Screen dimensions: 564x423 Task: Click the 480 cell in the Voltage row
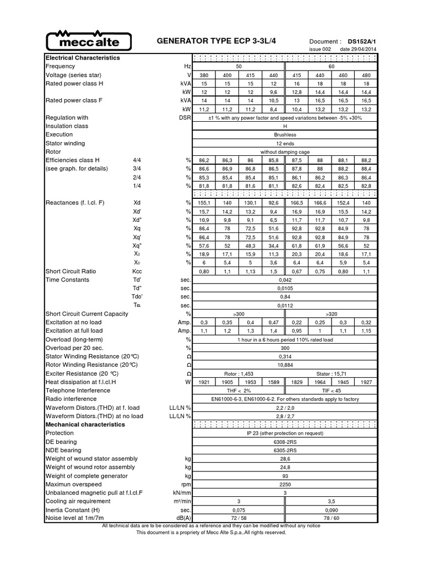coord(365,75)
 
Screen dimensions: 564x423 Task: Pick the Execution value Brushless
coord(285,134)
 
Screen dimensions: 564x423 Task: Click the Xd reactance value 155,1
coord(204,203)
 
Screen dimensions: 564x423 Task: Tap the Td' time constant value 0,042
coord(285,279)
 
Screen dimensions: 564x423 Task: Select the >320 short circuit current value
coord(331,314)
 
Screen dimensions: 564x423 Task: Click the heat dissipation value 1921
coord(204,382)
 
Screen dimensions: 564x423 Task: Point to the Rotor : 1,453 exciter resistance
coord(238,373)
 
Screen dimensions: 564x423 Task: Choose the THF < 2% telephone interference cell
coord(238,391)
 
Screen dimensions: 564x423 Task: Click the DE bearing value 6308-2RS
coord(285,442)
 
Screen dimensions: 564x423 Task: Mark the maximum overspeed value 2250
coord(285,484)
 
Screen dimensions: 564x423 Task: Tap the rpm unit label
coord(186,484)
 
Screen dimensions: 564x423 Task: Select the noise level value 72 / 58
coord(238,518)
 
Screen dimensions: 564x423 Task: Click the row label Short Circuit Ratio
coord(70,271)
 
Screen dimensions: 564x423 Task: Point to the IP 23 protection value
coord(285,433)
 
